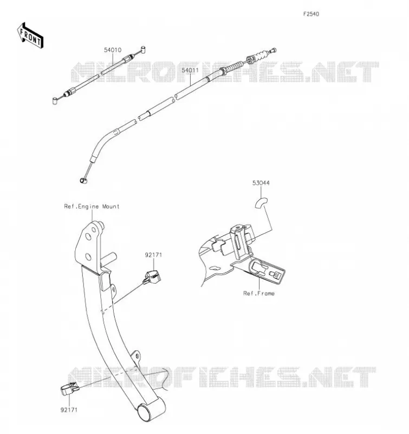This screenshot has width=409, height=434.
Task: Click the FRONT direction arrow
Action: pos(30,36)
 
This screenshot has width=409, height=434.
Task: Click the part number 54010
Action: pos(113,50)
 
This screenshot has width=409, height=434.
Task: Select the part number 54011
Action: pos(190,71)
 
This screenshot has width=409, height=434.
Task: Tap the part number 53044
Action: pos(261,183)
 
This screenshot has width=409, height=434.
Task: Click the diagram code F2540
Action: pos(311,14)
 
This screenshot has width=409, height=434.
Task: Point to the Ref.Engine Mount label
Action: pos(92,207)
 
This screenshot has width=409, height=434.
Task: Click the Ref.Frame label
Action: pos(259,293)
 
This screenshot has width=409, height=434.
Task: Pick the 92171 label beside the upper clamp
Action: pos(153,255)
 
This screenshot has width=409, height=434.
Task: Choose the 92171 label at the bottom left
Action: pos(69,410)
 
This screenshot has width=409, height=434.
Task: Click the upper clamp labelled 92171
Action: pos(152,278)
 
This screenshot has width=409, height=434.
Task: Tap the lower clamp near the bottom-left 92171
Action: pos(70,388)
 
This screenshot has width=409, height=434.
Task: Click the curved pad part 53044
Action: pos(261,203)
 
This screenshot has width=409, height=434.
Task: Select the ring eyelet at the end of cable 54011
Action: pos(83,181)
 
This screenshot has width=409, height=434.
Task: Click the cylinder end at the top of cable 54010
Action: pos(143,49)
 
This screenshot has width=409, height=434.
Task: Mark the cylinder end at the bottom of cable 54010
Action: pos(55,100)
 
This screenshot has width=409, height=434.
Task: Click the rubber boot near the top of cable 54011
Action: pos(261,56)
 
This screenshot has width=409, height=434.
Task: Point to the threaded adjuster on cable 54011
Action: pos(235,67)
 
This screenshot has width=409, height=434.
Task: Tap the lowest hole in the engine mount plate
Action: pos(88,257)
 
